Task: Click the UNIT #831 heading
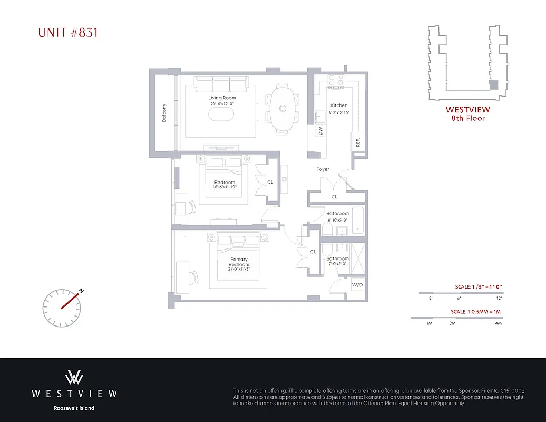(x=68, y=33)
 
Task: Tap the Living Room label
(x=222, y=98)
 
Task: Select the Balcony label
(x=164, y=112)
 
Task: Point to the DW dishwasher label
(x=320, y=131)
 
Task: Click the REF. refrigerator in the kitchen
(x=358, y=141)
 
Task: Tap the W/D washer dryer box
(x=357, y=285)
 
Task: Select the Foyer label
(x=323, y=169)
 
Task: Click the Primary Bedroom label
(x=239, y=262)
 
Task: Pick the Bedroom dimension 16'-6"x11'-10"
(x=225, y=187)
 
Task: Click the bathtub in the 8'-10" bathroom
(x=357, y=220)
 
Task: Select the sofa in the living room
(x=221, y=84)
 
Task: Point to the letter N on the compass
(x=81, y=290)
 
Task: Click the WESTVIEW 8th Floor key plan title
(x=467, y=113)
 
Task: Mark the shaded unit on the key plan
(x=494, y=83)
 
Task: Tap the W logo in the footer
(x=74, y=377)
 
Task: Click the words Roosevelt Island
(x=74, y=408)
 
